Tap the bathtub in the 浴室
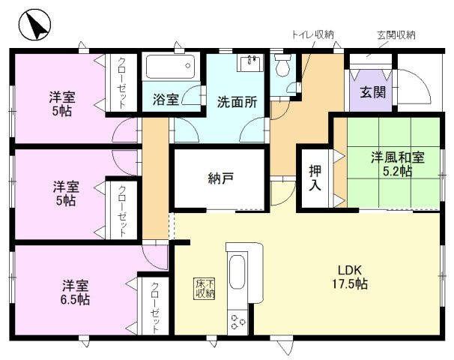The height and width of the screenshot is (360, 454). tap(170, 67)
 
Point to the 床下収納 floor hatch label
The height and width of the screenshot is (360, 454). tap(205, 289)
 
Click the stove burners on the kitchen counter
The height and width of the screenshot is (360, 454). tap(238, 322)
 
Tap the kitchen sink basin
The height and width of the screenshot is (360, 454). tap(237, 272)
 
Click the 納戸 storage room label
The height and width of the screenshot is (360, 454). tap(220, 178)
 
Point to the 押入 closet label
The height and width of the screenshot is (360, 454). tap(315, 178)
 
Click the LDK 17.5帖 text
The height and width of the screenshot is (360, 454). tap(350, 277)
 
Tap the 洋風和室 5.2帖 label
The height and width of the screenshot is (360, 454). tap(398, 164)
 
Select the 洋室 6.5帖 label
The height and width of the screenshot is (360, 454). tap(75, 292)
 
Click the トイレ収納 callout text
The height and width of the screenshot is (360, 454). tap(312, 34)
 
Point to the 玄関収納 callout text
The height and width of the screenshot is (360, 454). tap(396, 35)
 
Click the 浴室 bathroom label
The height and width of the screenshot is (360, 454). tap(166, 100)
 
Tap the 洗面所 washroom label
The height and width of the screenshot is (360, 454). tap(237, 102)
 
